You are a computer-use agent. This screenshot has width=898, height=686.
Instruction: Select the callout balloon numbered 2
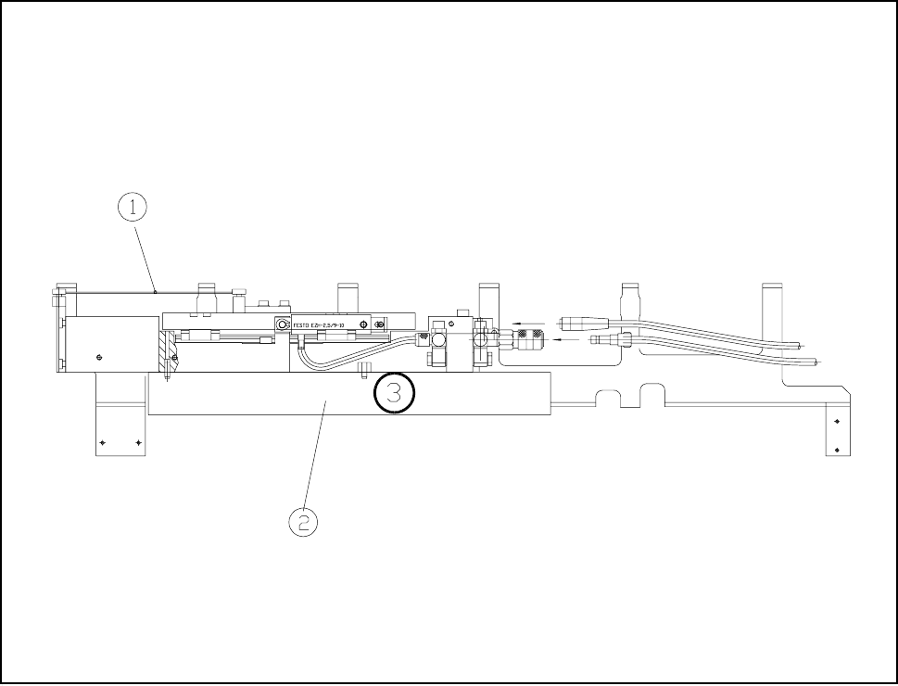(303, 522)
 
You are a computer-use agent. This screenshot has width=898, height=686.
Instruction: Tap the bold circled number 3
(394, 393)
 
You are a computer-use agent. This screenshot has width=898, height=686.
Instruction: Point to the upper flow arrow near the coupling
(530, 325)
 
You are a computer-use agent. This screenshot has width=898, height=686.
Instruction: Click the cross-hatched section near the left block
(166, 350)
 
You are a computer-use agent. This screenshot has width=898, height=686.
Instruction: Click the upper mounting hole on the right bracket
(837, 421)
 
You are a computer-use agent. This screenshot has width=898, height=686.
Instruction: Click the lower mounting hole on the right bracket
(837, 450)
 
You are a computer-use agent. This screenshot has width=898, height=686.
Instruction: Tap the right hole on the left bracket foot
(138, 443)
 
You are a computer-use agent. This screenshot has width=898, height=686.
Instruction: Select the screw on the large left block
(99, 356)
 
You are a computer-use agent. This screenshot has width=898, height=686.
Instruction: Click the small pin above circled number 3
(364, 371)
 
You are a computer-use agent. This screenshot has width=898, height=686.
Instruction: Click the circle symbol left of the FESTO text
(282, 324)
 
